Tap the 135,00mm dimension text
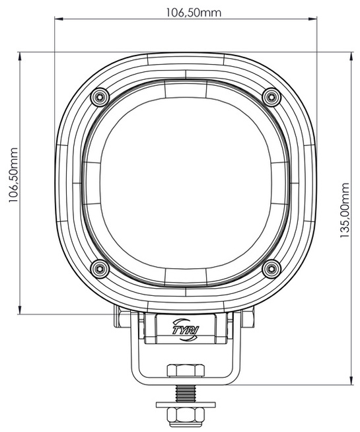(345, 212)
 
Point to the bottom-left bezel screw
(100, 268)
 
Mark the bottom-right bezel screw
(271, 268)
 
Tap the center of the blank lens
(186, 182)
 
